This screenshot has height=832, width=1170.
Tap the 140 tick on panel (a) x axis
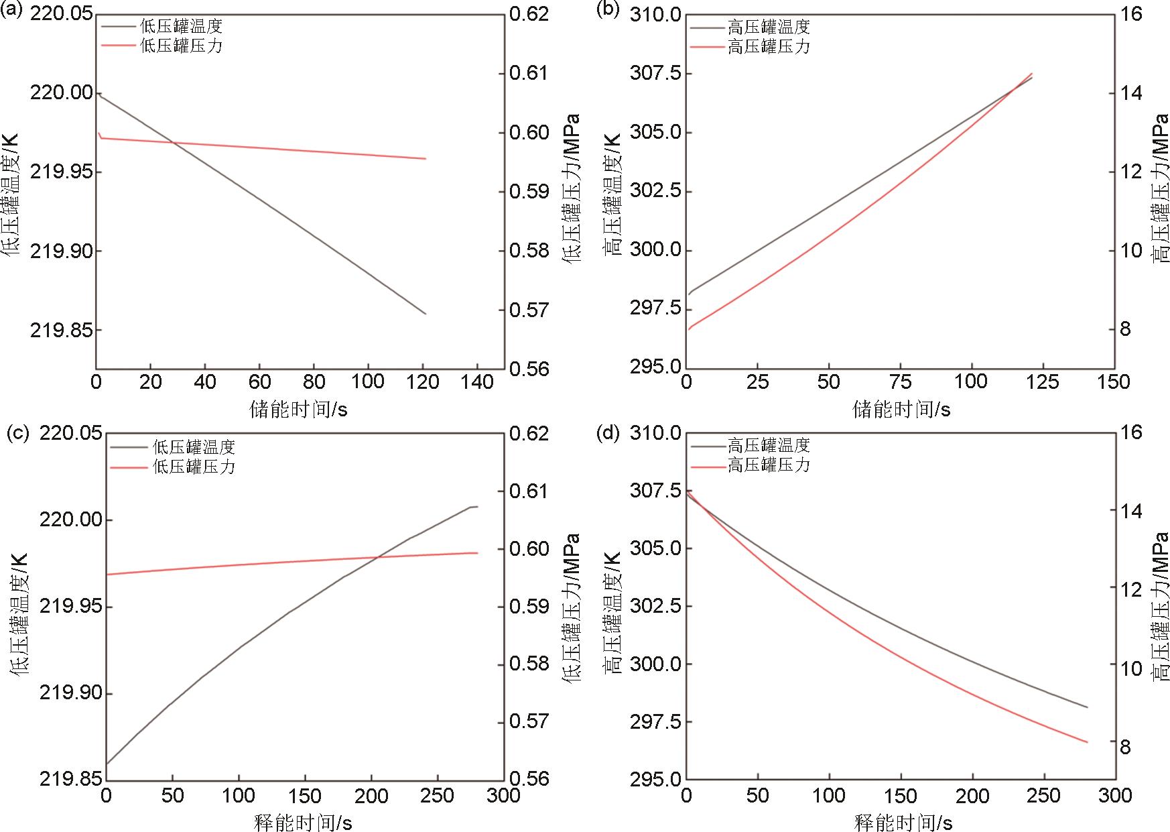476,382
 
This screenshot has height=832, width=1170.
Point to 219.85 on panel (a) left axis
61,331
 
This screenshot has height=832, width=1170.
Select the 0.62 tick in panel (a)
529,13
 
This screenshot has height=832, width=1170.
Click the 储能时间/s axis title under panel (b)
901,409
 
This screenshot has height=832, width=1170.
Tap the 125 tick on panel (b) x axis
1044,382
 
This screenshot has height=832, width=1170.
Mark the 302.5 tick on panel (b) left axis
655,191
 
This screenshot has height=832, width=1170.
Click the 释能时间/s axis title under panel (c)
303,822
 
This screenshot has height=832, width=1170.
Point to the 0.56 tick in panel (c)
529,779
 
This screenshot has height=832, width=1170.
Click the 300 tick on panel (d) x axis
1114,796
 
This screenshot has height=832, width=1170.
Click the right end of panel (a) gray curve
426,314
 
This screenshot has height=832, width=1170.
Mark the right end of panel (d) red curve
1087,742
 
